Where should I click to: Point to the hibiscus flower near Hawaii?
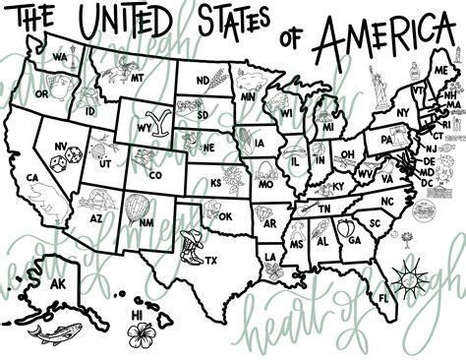coord(144,331)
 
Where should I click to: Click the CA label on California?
coord(32,178)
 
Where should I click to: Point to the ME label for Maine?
coord(440,70)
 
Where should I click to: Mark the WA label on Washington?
coord(60,58)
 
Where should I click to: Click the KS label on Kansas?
coord(216,182)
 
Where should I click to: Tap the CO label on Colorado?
coord(154,175)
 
